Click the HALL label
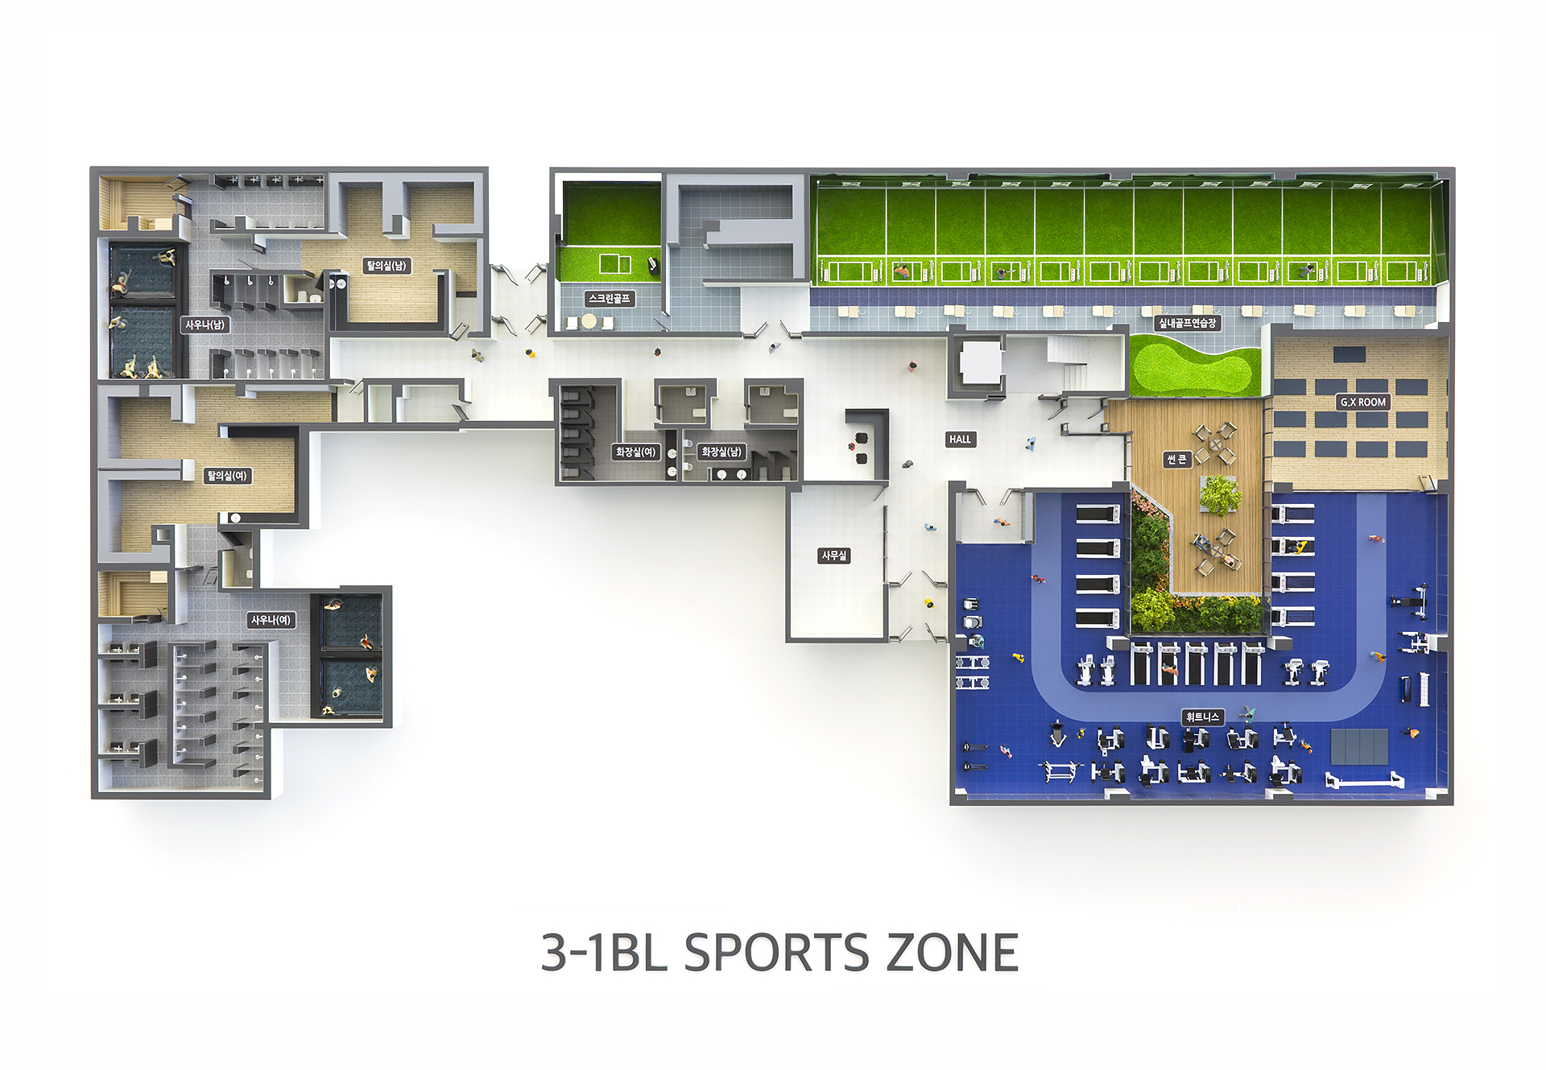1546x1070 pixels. pyautogui.click(x=960, y=439)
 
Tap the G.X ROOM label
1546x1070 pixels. pyautogui.click(x=1362, y=401)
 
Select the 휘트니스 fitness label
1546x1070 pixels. pyautogui.click(x=1202, y=717)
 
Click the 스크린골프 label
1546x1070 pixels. pyautogui.click(x=609, y=299)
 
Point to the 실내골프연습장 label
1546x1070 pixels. pyautogui.click(x=1187, y=323)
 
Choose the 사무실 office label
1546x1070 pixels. pyautogui.click(x=834, y=556)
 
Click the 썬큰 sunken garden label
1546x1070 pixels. pyautogui.click(x=1176, y=459)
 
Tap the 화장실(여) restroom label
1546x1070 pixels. pyautogui.click(x=635, y=452)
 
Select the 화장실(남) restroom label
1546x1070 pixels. pyautogui.click(x=721, y=452)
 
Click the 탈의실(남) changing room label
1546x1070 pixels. pyautogui.click(x=386, y=265)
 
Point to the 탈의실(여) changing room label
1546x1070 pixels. pyautogui.click(x=227, y=475)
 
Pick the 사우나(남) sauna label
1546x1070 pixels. pyautogui.click(x=205, y=324)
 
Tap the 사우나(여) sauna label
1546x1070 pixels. pyautogui.click(x=271, y=620)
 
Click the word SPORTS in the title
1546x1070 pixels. pyautogui.click(x=776, y=953)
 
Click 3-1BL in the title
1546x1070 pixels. pyautogui.click(x=604, y=953)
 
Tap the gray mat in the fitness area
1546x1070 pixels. pyautogui.click(x=1359, y=746)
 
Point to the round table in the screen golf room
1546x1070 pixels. pyautogui.click(x=589, y=321)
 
